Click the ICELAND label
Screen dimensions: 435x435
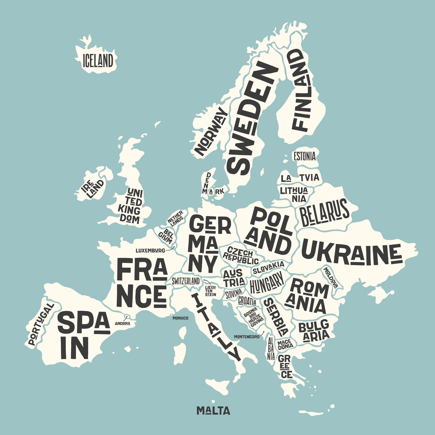[98, 61]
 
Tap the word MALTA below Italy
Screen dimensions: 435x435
[213, 410]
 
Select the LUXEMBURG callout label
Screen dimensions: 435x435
[150, 251]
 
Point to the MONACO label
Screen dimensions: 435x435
[180, 318]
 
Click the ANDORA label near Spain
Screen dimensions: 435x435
[122, 323]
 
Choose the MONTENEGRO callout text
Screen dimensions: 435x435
[247, 337]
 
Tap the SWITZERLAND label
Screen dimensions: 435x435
[186, 281]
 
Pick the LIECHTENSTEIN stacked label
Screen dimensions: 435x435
[210, 291]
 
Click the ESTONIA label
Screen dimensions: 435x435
[304, 156]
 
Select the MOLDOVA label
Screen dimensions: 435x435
[331, 278]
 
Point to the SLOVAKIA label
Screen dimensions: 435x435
[269, 268]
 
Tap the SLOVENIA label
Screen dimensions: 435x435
[234, 294]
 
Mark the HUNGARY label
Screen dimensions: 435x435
[267, 282]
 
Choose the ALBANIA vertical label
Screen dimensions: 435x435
[271, 348]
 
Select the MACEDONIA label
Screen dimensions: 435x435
[285, 345]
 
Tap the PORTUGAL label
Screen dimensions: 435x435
[40, 324]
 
